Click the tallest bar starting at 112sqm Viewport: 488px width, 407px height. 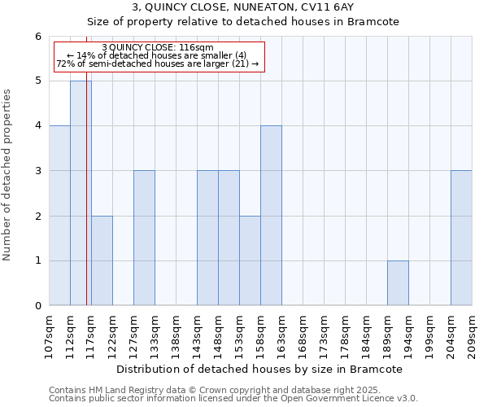coord(81,193)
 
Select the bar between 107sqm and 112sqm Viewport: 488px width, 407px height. coord(59,216)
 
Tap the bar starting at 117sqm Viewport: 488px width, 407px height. coord(102,260)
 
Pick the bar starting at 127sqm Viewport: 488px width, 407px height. coord(144,238)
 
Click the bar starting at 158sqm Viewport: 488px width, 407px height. coord(271,216)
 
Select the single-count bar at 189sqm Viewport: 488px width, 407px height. coord(398,283)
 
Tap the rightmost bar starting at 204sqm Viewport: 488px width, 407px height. coord(461,238)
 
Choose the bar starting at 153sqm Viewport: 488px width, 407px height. coord(250,260)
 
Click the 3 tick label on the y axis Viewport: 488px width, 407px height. coord(37,171)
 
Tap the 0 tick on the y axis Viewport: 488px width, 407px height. coord(37,306)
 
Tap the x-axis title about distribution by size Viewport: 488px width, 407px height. coord(259,369)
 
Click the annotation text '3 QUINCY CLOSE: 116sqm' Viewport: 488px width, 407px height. coord(158,48)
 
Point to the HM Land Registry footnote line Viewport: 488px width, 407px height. coord(220,390)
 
